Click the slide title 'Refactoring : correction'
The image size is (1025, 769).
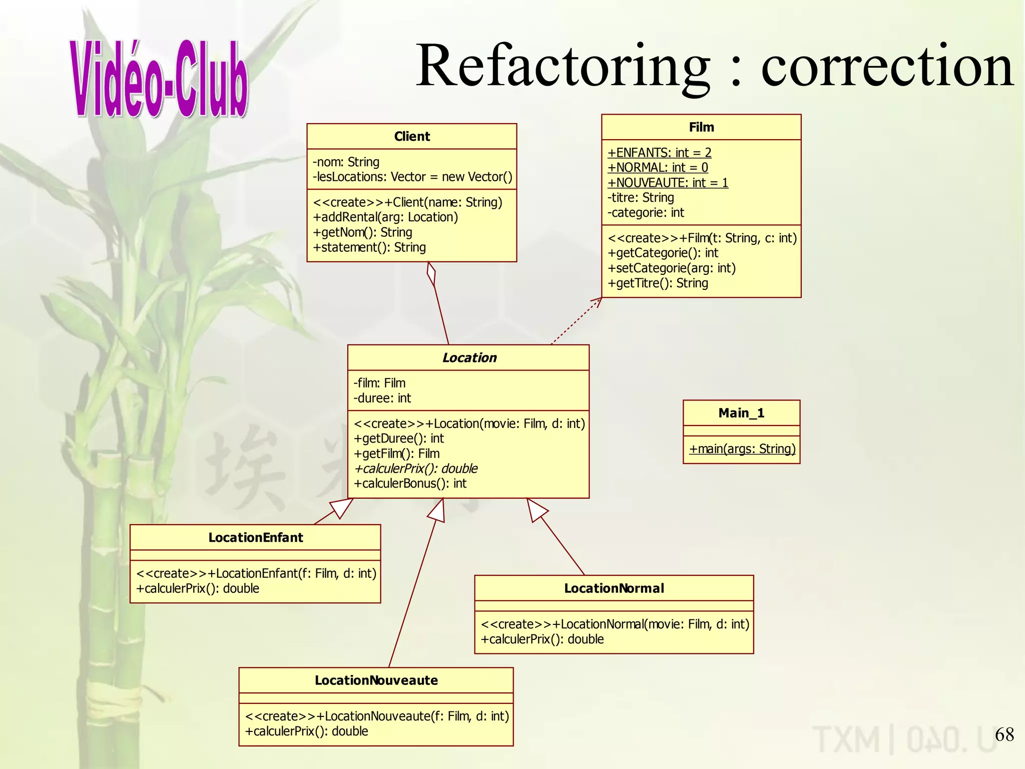coord(714,66)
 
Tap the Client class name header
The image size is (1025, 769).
coord(412,136)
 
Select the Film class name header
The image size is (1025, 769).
coord(701,127)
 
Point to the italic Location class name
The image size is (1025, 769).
coord(469,357)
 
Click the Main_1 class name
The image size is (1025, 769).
coord(741,413)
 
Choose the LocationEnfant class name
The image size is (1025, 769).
coord(255,538)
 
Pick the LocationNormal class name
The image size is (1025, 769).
coord(614,588)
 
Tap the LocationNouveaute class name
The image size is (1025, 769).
coord(376,680)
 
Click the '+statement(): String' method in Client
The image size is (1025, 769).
coord(369,247)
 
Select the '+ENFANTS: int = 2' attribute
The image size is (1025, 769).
coord(659,152)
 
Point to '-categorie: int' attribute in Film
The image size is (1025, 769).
coord(646,213)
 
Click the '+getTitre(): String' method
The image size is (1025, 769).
coord(658,283)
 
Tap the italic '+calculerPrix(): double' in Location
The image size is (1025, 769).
coord(415,469)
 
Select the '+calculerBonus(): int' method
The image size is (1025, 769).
coord(410,484)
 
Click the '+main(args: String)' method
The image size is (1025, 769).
coord(742,449)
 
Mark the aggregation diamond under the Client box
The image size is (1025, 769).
coord(431,274)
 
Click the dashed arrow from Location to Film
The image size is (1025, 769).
coord(576,321)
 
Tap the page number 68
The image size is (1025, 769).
coord(1004,734)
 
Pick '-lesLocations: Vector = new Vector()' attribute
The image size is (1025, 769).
coord(412,177)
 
